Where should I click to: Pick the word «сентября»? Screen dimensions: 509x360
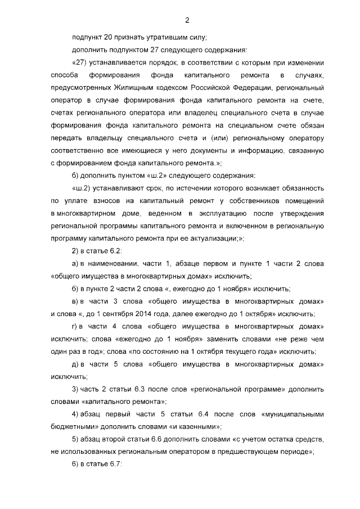120,313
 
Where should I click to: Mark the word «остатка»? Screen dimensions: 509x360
274,439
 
